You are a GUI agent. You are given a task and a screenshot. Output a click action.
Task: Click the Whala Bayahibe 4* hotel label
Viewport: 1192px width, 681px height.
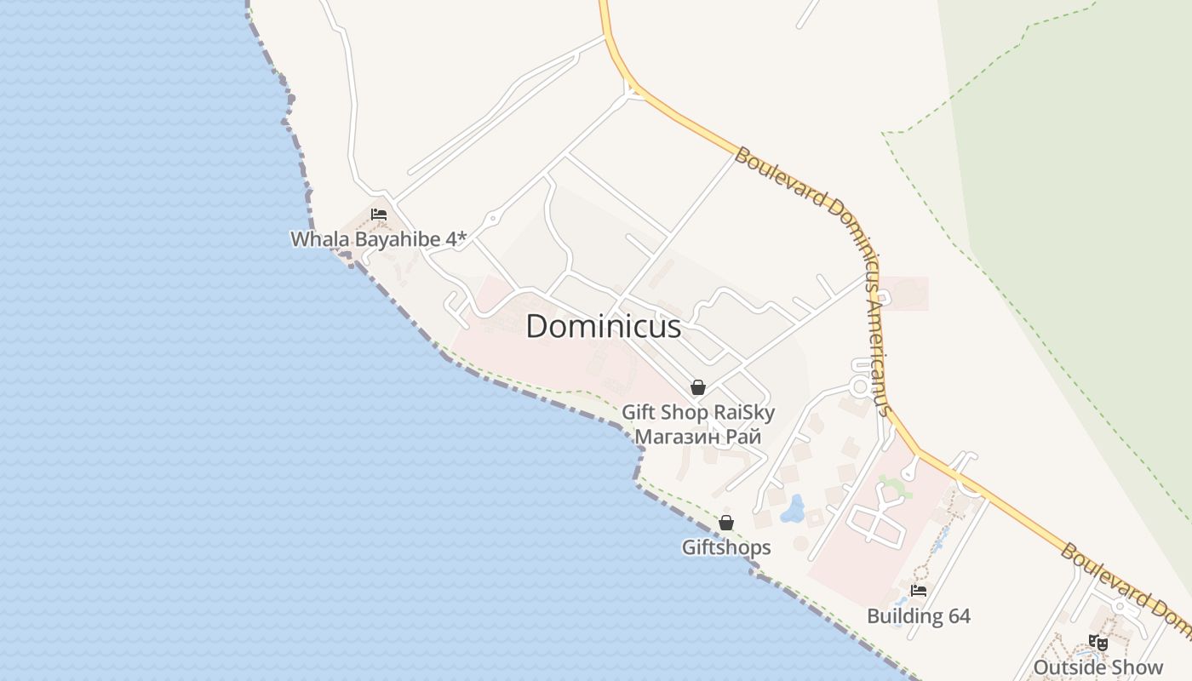[378, 239]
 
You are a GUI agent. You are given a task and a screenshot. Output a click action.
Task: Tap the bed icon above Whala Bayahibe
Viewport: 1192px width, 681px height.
[379, 215]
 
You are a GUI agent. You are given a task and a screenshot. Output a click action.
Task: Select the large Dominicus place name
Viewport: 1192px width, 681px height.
[604, 327]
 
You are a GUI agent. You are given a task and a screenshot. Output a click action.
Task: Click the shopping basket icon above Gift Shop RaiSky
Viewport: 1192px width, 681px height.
[698, 387]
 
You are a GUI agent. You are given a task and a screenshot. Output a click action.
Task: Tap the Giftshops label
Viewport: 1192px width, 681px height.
[726, 547]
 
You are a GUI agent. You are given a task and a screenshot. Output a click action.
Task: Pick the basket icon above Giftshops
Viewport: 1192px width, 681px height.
[726, 523]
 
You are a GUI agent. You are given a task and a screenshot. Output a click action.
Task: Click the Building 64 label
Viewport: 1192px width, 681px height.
[919, 616]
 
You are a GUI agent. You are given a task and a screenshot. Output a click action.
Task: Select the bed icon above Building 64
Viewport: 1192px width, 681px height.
[918, 590]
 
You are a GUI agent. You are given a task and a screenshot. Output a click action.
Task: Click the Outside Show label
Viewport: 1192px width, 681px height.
[1098, 667]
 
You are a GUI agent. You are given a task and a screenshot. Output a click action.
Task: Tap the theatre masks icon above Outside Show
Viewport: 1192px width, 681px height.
[1098, 643]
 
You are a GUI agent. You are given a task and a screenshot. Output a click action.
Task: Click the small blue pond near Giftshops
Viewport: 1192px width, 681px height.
[794, 508]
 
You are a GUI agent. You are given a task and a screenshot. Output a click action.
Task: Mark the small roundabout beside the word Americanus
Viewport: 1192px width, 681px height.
[861, 387]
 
